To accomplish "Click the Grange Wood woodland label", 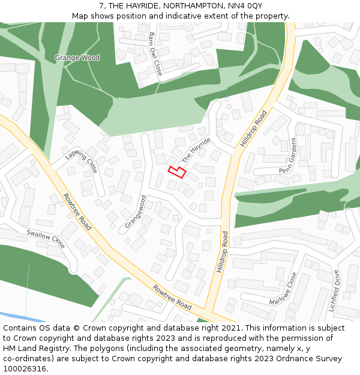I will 77,58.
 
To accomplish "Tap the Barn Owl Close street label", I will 155,54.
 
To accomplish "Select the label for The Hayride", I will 197,150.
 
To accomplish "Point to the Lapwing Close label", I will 82,161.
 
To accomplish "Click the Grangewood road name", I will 136,212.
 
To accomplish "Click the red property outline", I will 176,172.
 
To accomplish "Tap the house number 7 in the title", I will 101,5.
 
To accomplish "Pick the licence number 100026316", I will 25,369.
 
